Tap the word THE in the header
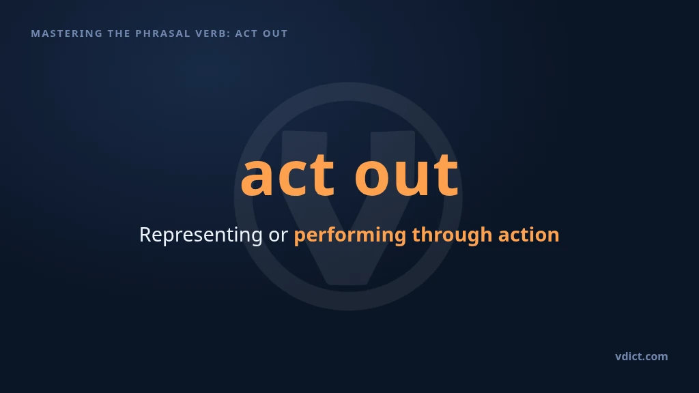click(x=119, y=33)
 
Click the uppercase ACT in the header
click(x=246, y=33)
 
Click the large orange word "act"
click(x=287, y=175)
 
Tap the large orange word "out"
click(x=407, y=175)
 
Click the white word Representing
click(x=201, y=235)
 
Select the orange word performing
click(x=350, y=235)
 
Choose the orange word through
click(x=452, y=235)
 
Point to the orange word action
click(x=529, y=235)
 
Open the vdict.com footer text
click(x=642, y=356)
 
